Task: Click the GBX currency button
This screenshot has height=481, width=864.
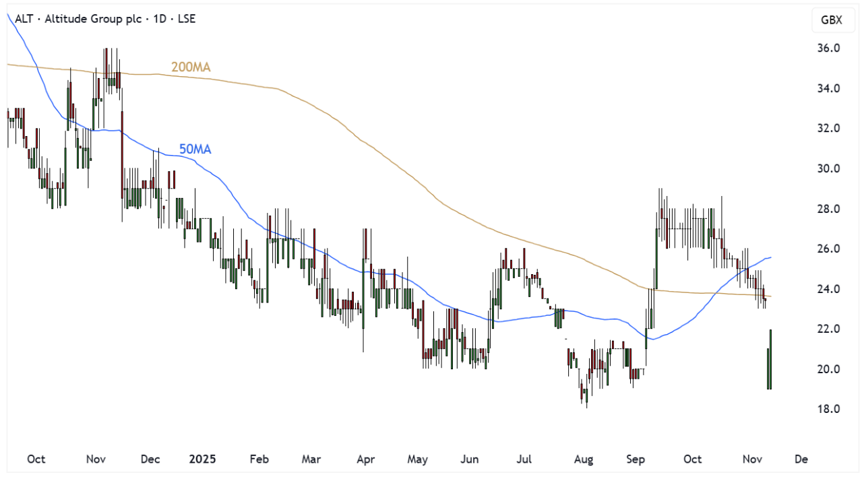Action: (x=831, y=20)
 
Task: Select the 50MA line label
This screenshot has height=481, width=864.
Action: (x=195, y=149)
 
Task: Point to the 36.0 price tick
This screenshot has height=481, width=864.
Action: (x=828, y=49)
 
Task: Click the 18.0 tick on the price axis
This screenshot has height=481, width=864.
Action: (x=828, y=409)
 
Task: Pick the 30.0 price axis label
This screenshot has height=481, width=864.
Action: (x=828, y=168)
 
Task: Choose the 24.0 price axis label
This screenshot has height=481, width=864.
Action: (x=828, y=289)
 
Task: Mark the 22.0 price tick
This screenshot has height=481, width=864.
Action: (x=828, y=329)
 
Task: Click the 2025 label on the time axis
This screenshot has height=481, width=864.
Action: (x=202, y=459)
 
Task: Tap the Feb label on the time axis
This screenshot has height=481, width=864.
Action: (x=259, y=459)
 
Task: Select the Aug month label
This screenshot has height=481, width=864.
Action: (x=584, y=459)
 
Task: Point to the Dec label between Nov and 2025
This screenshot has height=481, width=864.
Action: (x=150, y=459)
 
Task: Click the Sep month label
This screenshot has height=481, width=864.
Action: (x=636, y=459)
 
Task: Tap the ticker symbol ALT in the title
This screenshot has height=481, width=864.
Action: (x=23, y=19)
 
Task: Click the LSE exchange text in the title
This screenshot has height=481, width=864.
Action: (x=185, y=19)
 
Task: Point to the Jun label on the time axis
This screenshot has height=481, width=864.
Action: (x=469, y=459)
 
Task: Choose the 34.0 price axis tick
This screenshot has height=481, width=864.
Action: (x=828, y=88)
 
